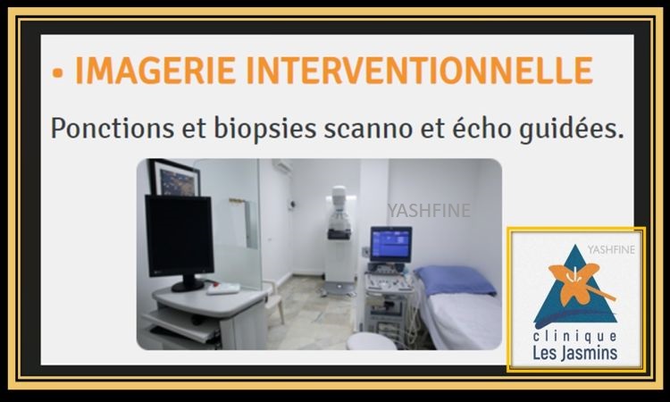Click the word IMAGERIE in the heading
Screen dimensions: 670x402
[x=155, y=70]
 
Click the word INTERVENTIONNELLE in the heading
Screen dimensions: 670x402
[x=420, y=70]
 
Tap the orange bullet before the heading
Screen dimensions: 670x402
[x=57, y=72]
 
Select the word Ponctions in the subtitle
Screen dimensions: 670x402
[x=113, y=128]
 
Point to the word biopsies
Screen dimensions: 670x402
[x=265, y=129]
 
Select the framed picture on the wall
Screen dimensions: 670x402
[x=174, y=178]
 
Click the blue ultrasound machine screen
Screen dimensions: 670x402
[x=391, y=244]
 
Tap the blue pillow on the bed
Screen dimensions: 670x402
[x=455, y=281]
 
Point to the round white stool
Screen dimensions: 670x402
[x=372, y=341]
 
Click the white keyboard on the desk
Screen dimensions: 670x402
[x=223, y=289]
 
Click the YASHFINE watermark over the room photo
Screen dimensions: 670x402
[x=429, y=211]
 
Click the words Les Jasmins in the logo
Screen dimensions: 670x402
[x=574, y=353]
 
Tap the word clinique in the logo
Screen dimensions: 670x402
[x=574, y=337]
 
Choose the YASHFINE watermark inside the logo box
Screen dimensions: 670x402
[x=611, y=249]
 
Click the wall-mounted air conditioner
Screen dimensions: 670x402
[x=282, y=166]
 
